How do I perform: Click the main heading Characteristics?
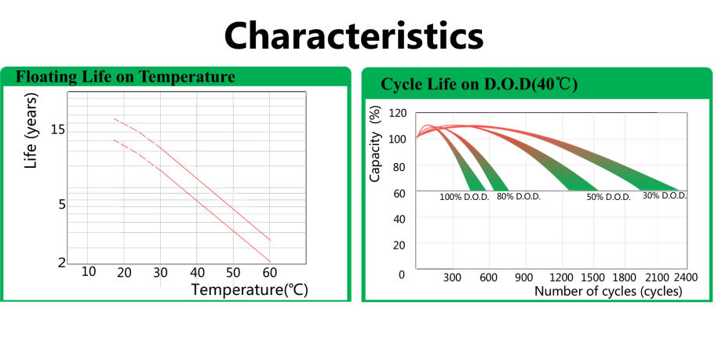click(x=354, y=35)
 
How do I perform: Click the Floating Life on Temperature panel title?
click(x=126, y=77)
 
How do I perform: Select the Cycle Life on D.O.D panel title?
click(x=479, y=85)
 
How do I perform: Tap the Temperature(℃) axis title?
click(x=250, y=289)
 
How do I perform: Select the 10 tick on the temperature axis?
click(x=89, y=271)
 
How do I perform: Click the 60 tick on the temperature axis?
click(x=269, y=271)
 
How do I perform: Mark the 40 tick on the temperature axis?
click(x=197, y=271)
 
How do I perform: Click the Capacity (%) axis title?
click(x=375, y=147)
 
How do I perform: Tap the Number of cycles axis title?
click(x=608, y=291)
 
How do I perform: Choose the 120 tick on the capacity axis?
click(x=397, y=113)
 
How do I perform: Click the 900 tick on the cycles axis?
click(x=524, y=278)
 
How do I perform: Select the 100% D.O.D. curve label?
click(x=464, y=197)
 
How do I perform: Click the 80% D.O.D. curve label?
click(x=518, y=196)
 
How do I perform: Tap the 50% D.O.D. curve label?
click(x=608, y=197)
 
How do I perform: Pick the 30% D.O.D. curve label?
click(x=664, y=195)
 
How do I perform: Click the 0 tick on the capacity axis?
click(x=401, y=275)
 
